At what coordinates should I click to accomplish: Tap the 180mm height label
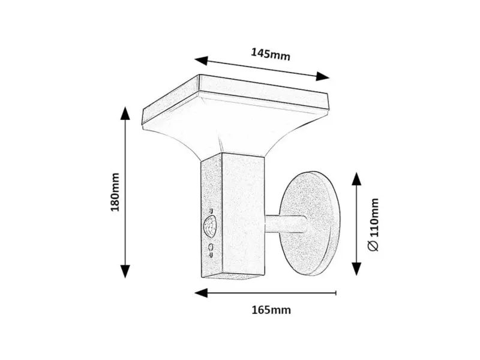click(x=115, y=191)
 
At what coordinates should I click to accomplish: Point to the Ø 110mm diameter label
click(x=373, y=224)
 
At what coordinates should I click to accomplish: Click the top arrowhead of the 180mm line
click(x=125, y=114)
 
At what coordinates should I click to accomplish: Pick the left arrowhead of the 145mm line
click(x=200, y=60)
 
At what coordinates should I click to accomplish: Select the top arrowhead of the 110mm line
click(x=356, y=179)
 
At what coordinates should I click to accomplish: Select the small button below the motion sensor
click(x=211, y=247)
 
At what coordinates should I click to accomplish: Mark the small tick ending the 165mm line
click(x=336, y=293)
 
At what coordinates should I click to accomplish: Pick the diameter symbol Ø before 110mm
click(x=373, y=247)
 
